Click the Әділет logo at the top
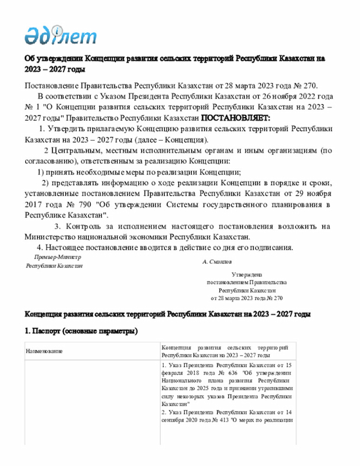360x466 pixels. point(60,35)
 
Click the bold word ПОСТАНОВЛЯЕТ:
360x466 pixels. point(236,118)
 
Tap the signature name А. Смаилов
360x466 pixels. point(217,262)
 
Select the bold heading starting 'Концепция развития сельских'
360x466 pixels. point(167,313)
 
